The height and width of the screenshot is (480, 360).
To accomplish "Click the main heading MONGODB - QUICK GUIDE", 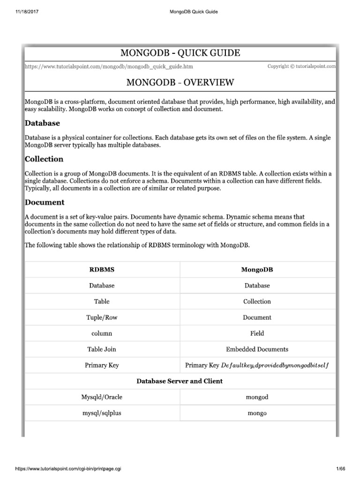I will [180, 53].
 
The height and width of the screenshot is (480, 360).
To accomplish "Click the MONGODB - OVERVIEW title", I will [180, 82].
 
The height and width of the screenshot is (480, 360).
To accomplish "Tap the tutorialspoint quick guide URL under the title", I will [108, 67].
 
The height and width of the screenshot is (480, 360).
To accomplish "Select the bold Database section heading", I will [42, 123].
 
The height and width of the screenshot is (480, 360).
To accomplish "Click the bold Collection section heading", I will [44, 159].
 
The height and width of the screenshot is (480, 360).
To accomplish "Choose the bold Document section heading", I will [45, 202].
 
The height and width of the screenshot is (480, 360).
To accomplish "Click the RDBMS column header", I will [102, 270].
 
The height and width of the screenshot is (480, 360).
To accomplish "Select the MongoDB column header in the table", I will [257, 270].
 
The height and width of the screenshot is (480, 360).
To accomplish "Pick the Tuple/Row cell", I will [102, 317].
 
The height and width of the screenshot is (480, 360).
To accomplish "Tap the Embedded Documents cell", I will [257, 349].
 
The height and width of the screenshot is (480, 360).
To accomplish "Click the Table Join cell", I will [102, 349].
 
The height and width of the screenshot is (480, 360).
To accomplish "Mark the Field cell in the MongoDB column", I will [257, 333].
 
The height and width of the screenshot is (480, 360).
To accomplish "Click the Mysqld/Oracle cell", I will [102, 397].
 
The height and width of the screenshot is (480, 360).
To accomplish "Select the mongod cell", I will [257, 397].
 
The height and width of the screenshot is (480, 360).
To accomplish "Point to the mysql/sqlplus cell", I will [102, 413].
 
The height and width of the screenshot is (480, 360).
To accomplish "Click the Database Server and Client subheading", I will [180, 381].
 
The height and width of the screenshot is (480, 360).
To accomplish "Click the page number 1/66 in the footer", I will [342, 469].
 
